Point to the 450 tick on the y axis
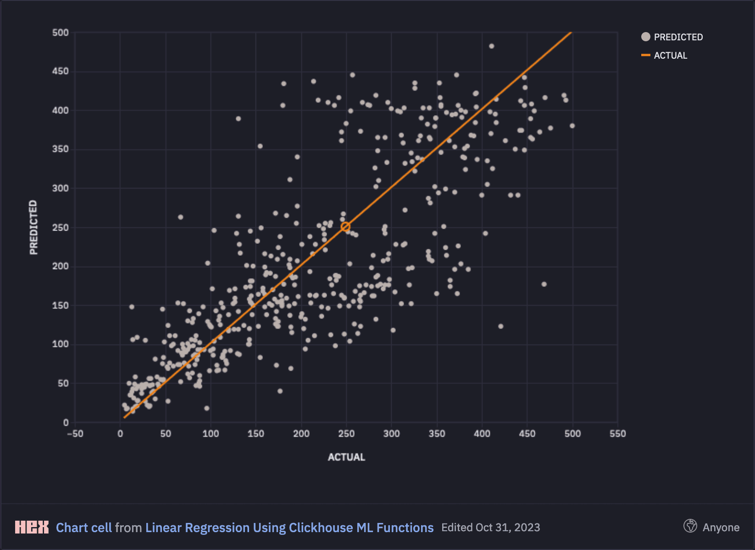pyautogui.click(x=61, y=71)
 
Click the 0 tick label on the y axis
pyautogui.click(x=66, y=423)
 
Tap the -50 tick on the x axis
pyautogui.click(x=75, y=434)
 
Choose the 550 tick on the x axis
pyautogui.click(x=617, y=434)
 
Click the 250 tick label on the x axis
pyautogui.click(x=346, y=434)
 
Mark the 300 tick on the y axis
pyautogui.click(x=61, y=188)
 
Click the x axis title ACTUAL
pyautogui.click(x=346, y=457)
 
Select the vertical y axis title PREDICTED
pyautogui.click(x=33, y=227)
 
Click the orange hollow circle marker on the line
pyautogui.click(x=345, y=227)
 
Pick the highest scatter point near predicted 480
pyautogui.click(x=491, y=46)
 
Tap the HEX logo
pyautogui.click(x=32, y=527)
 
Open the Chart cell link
pyautogui.click(x=83, y=528)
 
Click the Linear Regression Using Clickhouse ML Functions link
pyautogui.click(x=289, y=528)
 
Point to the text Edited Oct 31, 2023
pyautogui.click(x=490, y=528)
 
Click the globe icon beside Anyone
pyautogui.click(x=690, y=526)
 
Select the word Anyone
pyautogui.click(x=721, y=528)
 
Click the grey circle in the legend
pyautogui.click(x=646, y=37)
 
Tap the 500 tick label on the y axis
pyautogui.click(x=61, y=33)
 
